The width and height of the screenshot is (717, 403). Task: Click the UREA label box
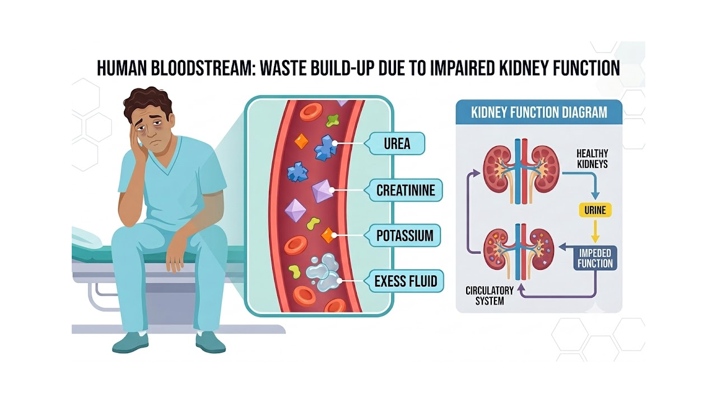(396, 144)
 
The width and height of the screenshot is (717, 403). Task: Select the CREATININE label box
(404, 190)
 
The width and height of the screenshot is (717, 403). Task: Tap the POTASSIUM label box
(403, 236)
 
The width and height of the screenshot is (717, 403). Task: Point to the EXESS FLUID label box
(404, 282)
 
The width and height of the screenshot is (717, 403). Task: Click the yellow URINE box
(595, 210)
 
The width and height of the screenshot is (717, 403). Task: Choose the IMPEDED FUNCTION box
(595, 258)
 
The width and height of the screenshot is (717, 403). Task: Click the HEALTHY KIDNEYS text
(592, 158)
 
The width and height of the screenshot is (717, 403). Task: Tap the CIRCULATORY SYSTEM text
(490, 296)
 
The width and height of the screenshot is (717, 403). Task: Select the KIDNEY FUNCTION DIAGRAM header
(539, 113)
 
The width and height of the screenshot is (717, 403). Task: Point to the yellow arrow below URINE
(595, 232)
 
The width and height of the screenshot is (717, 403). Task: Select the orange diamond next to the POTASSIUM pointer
(328, 236)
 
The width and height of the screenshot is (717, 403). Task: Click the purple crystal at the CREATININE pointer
(322, 191)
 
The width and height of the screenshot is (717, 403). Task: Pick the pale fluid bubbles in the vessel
(323, 272)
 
